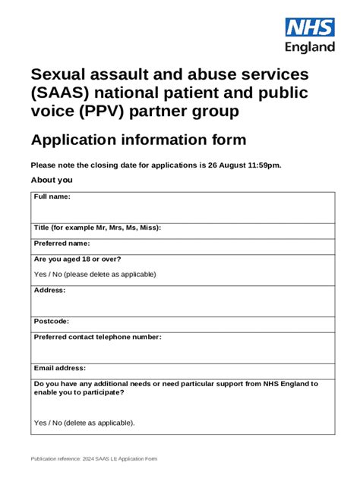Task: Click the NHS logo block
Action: point(309,27)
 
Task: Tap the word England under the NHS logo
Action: point(309,47)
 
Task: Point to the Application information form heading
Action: point(137,140)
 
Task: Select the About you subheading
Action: point(51,181)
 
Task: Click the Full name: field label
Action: point(52,197)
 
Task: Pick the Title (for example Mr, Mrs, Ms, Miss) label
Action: point(97,228)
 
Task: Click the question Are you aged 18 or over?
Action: point(77,259)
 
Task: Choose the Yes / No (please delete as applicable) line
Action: point(95,275)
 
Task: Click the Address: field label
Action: point(50,291)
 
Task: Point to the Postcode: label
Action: point(52,322)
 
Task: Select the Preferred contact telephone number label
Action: point(97,337)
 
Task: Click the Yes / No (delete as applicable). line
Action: point(84,423)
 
